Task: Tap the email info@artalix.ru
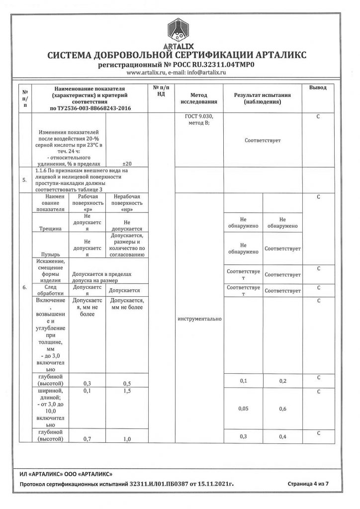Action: [205, 73]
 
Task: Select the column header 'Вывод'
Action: [318, 88]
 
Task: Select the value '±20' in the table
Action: [127, 163]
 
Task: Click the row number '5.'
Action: [25, 180]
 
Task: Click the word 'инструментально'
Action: [199, 319]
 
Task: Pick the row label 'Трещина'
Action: [53, 230]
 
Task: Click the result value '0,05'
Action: [244, 409]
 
